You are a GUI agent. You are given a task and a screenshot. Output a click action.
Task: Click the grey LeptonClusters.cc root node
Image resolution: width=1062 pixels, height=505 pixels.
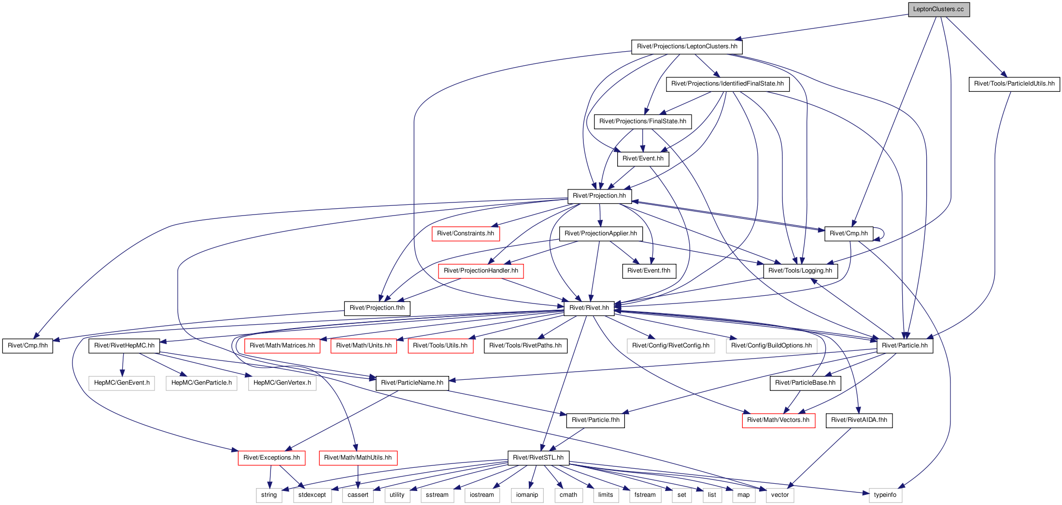(938, 9)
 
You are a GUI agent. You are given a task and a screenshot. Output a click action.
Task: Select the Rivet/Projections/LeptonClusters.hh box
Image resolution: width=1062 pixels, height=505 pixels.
(687, 46)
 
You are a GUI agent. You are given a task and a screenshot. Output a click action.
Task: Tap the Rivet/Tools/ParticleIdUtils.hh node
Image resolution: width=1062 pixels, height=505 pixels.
(1014, 84)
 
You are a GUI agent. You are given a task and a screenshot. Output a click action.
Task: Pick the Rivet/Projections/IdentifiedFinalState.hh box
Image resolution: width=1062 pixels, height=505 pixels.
(727, 84)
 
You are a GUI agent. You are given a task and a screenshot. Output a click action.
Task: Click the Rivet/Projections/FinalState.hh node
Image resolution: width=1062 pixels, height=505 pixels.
(642, 121)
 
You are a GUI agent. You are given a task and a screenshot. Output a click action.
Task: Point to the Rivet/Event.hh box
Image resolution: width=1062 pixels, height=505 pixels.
(643, 159)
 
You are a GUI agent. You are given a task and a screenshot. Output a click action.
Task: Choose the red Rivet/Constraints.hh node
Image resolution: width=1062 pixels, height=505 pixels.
(466, 233)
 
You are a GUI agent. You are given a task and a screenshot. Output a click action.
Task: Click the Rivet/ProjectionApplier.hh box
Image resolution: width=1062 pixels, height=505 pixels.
(601, 233)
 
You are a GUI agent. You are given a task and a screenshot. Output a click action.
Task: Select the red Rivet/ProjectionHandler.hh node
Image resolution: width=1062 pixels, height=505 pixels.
(481, 271)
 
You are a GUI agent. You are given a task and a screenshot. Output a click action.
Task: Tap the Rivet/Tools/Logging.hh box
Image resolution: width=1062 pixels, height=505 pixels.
(800, 271)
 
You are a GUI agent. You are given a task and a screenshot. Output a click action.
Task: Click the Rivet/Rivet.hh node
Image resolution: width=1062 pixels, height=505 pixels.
(589, 308)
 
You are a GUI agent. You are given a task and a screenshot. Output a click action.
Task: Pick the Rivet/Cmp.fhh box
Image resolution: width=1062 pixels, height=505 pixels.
(28, 346)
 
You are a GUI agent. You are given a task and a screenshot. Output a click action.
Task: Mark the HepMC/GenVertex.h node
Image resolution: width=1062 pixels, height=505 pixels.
(282, 383)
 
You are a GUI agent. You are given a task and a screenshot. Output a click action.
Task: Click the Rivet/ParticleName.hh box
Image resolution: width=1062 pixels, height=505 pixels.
(412, 383)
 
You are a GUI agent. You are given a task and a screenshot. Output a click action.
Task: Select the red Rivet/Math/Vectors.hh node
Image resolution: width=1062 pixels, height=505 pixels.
(779, 420)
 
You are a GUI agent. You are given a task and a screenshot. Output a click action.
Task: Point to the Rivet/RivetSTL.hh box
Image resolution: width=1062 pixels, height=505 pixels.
(538, 458)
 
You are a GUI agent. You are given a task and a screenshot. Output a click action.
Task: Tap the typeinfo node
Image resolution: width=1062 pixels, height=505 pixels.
(885, 495)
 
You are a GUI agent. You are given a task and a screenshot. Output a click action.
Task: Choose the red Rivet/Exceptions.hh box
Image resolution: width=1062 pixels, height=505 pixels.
(271, 458)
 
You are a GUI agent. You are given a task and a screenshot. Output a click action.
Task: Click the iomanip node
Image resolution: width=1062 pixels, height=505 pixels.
(527, 495)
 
